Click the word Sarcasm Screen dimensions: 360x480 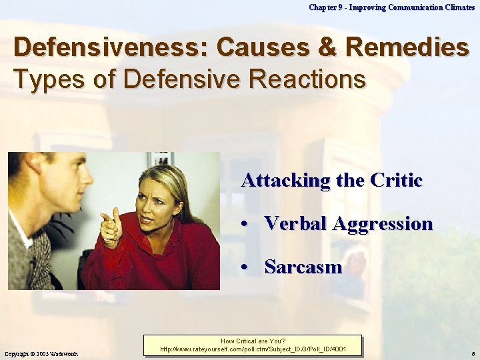coord(303,267)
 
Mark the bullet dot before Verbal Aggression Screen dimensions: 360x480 coord(247,225)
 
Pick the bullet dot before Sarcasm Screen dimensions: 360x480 coord(247,268)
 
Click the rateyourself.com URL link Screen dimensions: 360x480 coord(253,349)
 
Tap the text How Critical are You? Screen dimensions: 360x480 coord(253,341)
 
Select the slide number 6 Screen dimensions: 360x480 coord(472,353)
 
